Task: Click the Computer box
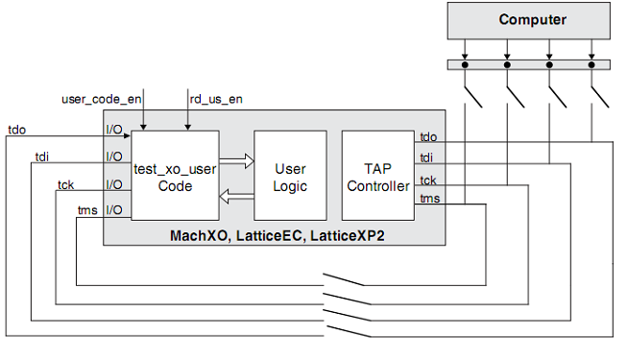tap(532, 20)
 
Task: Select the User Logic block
tap(290, 178)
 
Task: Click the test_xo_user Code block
tap(175, 178)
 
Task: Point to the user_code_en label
tap(100, 98)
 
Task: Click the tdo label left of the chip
tap(17, 128)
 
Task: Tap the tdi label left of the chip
tap(42, 156)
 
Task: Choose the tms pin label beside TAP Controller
tap(429, 199)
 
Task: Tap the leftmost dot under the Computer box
tap(466, 65)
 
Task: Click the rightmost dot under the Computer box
tap(592, 65)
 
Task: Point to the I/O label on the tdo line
tap(114, 128)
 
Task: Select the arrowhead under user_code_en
tap(143, 126)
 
